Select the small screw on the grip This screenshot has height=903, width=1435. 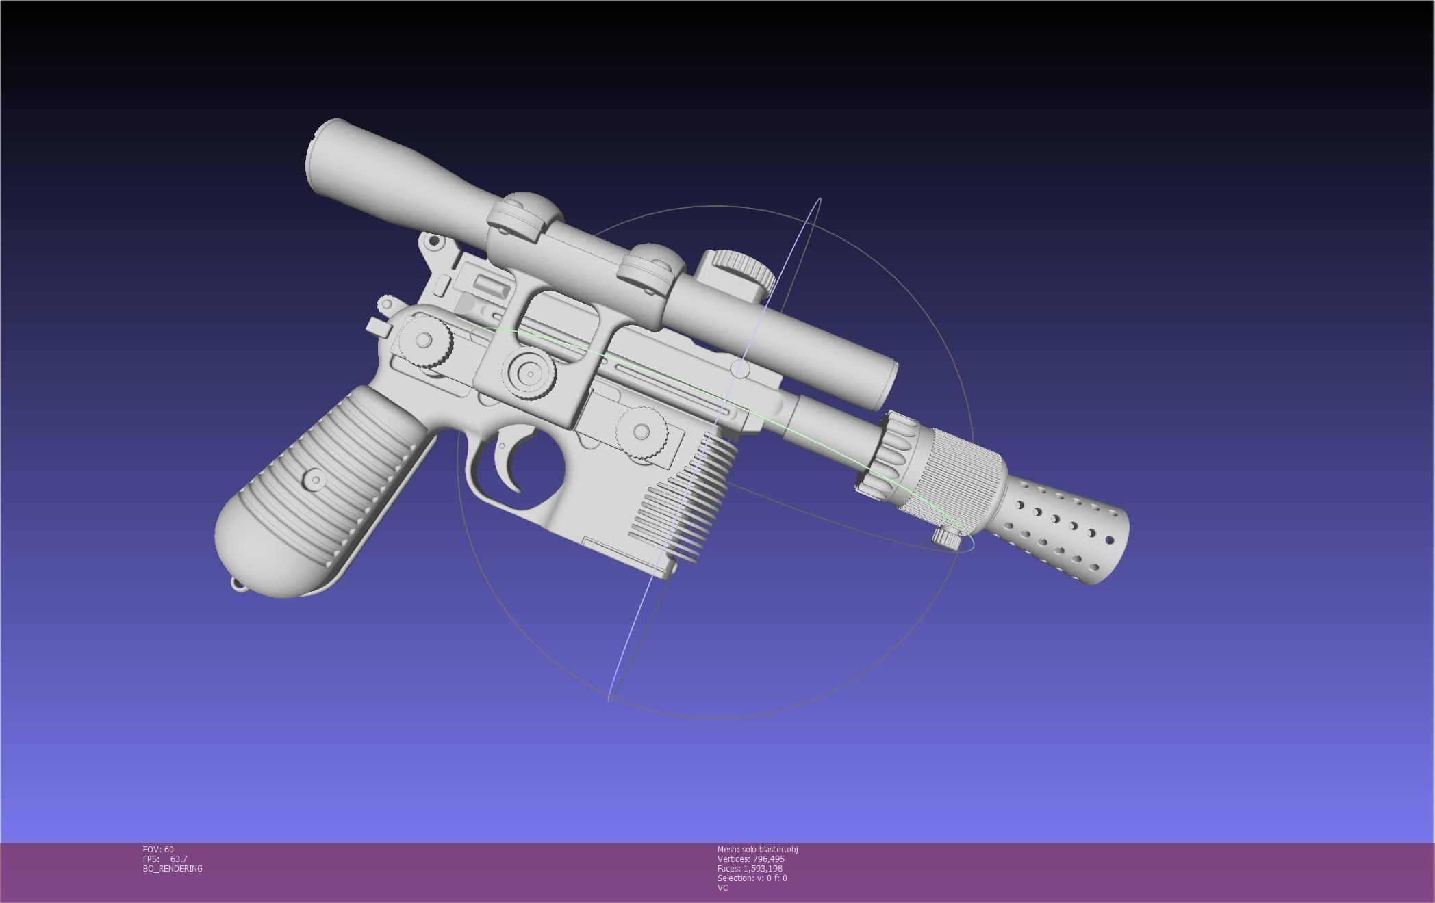315,478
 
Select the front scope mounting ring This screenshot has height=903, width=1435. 650,270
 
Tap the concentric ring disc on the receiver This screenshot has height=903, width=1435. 530,374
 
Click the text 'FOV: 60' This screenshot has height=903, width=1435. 158,850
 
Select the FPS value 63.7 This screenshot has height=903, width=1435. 178,859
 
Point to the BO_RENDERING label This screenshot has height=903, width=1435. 173,869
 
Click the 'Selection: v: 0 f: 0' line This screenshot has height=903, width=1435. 752,878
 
